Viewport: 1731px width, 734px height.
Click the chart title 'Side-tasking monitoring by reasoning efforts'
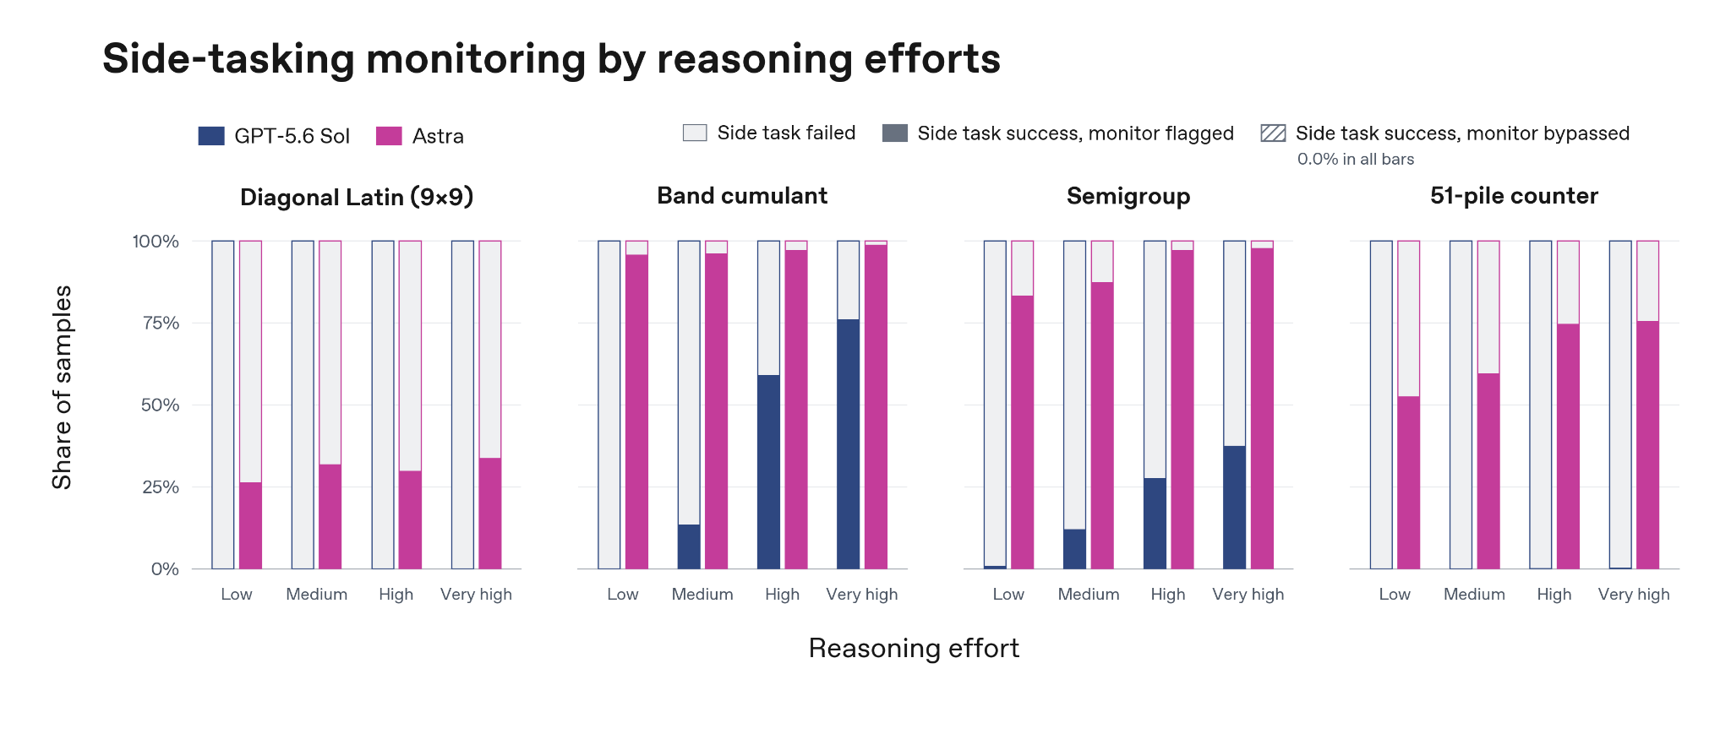[x=551, y=59]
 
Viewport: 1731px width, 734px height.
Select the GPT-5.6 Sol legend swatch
[x=211, y=136]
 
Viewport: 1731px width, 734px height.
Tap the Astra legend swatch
[x=389, y=136]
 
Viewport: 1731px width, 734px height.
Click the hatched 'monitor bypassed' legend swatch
[x=1273, y=133]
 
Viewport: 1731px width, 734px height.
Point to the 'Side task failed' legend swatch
[x=695, y=133]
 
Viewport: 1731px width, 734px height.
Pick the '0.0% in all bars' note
[x=1356, y=160]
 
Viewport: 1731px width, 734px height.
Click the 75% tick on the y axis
[x=161, y=324]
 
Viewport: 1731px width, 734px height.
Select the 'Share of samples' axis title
[x=62, y=387]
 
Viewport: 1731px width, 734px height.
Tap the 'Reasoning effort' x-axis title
[x=914, y=649]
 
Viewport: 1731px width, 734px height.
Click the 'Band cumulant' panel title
[x=742, y=196]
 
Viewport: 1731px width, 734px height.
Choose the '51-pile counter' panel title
[x=1514, y=196]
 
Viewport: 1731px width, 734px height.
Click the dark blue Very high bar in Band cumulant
[x=849, y=444]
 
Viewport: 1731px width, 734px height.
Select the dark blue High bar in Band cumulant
[x=768, y=472]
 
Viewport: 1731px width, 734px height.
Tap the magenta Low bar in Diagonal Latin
[x=250, y=525]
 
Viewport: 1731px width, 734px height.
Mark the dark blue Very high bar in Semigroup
[x=1234, y=508]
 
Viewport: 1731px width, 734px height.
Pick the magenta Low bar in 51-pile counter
[x=1408, y=483]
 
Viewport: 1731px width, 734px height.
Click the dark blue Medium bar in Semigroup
[x=1074, y=549]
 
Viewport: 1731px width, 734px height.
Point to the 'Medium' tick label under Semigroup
[x=1089, y=595]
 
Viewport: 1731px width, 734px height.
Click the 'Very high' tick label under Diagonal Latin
[x=476, y=595]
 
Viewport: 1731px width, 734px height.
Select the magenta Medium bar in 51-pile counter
[x=1488, y=471]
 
